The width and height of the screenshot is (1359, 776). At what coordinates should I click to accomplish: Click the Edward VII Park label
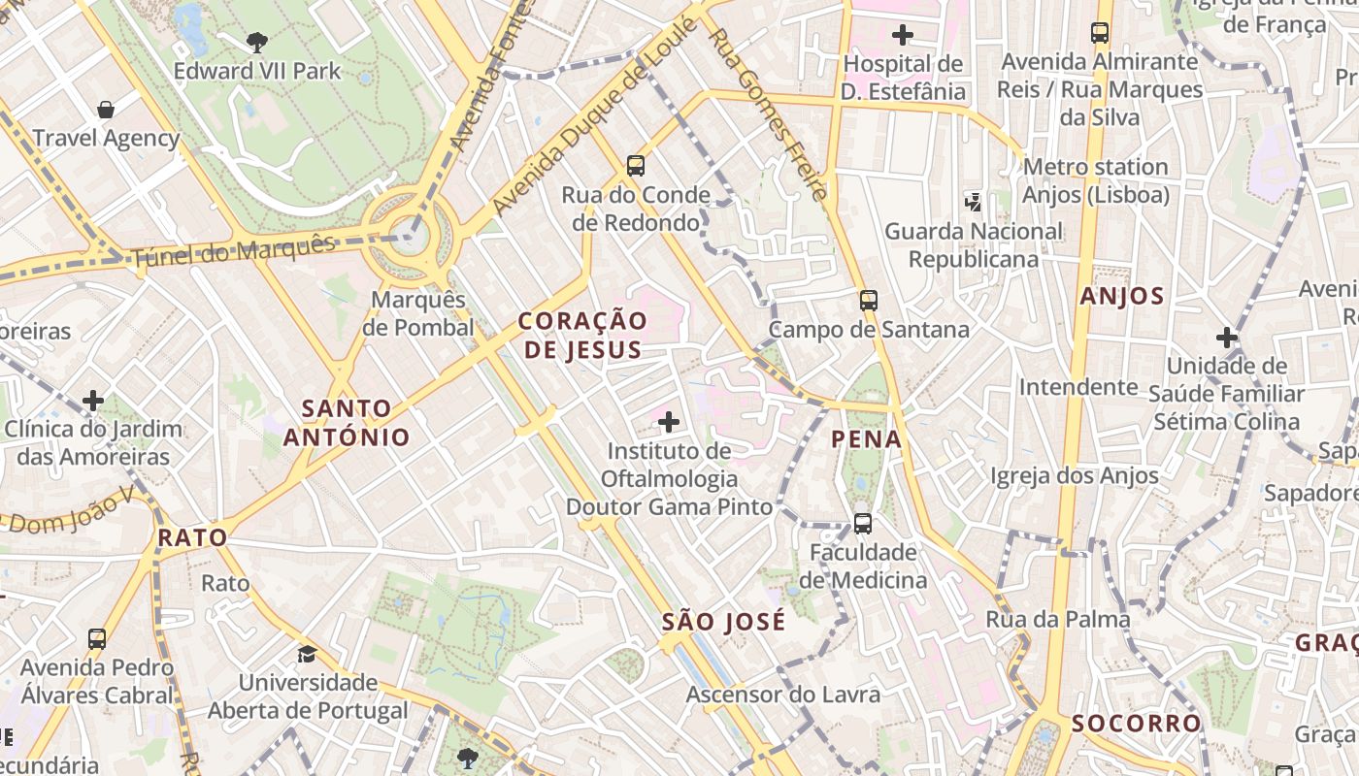tap(257, 71)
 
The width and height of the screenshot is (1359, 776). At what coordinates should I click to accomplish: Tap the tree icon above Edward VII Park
tap(257, 42)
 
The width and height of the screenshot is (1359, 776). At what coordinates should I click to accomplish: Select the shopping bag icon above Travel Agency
tap(106, 110)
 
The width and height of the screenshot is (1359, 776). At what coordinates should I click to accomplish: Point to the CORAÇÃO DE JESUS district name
tap(582, 335)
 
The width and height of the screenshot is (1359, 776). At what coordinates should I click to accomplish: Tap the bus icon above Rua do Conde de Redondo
tap(636, 165)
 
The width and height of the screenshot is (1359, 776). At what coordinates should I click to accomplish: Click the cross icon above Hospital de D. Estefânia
tap(903, 36)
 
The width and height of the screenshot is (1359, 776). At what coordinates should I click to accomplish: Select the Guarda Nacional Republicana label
tap(974, 245)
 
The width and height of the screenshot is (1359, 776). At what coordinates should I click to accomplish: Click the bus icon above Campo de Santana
tap(869, 301)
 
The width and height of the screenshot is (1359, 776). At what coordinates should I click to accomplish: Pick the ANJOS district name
tap(1122, 297)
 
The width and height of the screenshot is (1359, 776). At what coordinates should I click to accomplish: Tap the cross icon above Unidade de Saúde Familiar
tap(1227, 338)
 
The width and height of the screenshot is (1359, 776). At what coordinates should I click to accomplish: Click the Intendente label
tap(1077, 387)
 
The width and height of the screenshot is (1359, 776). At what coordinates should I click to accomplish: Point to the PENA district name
tap(867, 439)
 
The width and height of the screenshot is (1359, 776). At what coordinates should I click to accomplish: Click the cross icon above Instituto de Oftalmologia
tap(669, 421)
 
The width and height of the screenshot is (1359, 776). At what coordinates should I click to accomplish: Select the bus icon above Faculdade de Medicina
tap(862, 524)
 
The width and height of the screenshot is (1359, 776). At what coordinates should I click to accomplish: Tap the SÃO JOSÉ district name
tap(723, 622)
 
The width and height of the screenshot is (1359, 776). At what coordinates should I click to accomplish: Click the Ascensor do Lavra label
tap(783, 695)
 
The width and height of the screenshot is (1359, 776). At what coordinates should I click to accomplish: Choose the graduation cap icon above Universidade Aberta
tap(308, 654)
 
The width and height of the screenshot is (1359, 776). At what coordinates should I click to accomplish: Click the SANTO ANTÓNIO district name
tap(347, 422)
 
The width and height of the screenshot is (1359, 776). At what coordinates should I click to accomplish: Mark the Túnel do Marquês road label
tap(233, 252)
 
